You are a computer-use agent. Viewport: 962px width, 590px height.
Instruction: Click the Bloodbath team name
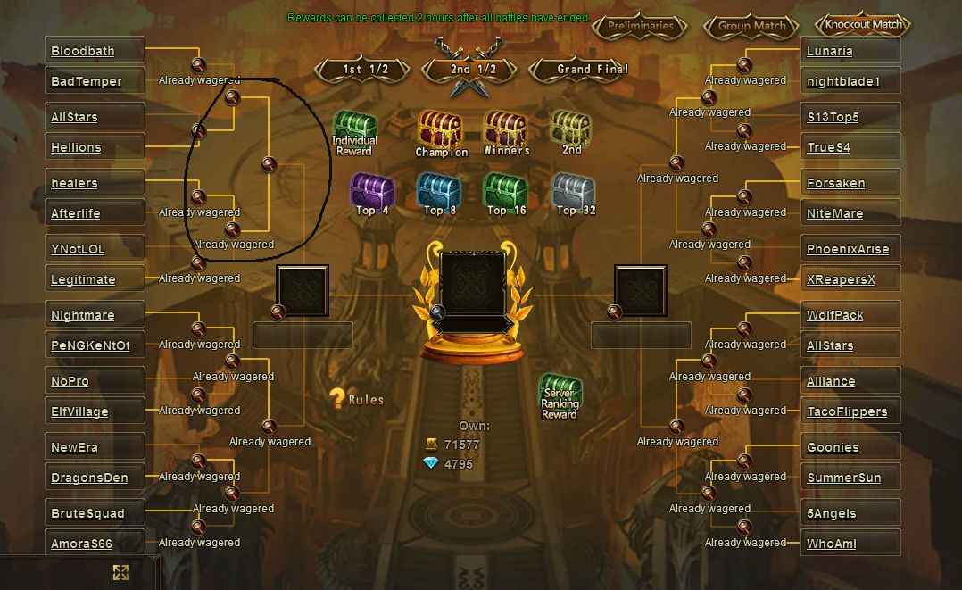tap(83, 51)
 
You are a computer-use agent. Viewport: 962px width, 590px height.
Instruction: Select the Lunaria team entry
tap(830, 51)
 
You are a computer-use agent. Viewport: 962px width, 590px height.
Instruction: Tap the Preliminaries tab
tap(641, 27)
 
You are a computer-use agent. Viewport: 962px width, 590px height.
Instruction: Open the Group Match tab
tap(751, 27)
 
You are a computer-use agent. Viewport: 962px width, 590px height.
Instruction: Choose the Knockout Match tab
tap(863, 25)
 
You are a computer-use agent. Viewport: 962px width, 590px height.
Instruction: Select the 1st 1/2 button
tap(364, 70)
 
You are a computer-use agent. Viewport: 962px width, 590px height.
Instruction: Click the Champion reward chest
tap(441, 134)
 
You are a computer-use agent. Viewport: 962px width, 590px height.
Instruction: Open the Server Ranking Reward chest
tap(560, 396)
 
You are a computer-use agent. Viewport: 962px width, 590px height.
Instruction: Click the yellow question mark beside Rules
tap(336, 399)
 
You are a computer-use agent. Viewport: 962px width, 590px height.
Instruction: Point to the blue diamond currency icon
tap(431, 463)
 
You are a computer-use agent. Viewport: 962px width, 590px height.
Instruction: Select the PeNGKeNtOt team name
tap(90, 345)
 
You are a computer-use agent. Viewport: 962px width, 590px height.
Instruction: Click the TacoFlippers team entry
tap(847, 412)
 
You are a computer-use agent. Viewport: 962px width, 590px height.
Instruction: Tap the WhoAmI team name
tap(832, 544)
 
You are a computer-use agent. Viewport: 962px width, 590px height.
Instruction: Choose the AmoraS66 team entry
tap(81, 544)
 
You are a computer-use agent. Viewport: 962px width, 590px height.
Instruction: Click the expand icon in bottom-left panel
tap(120, 573)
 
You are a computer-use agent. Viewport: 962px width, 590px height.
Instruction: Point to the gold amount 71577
tap(462, 445)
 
